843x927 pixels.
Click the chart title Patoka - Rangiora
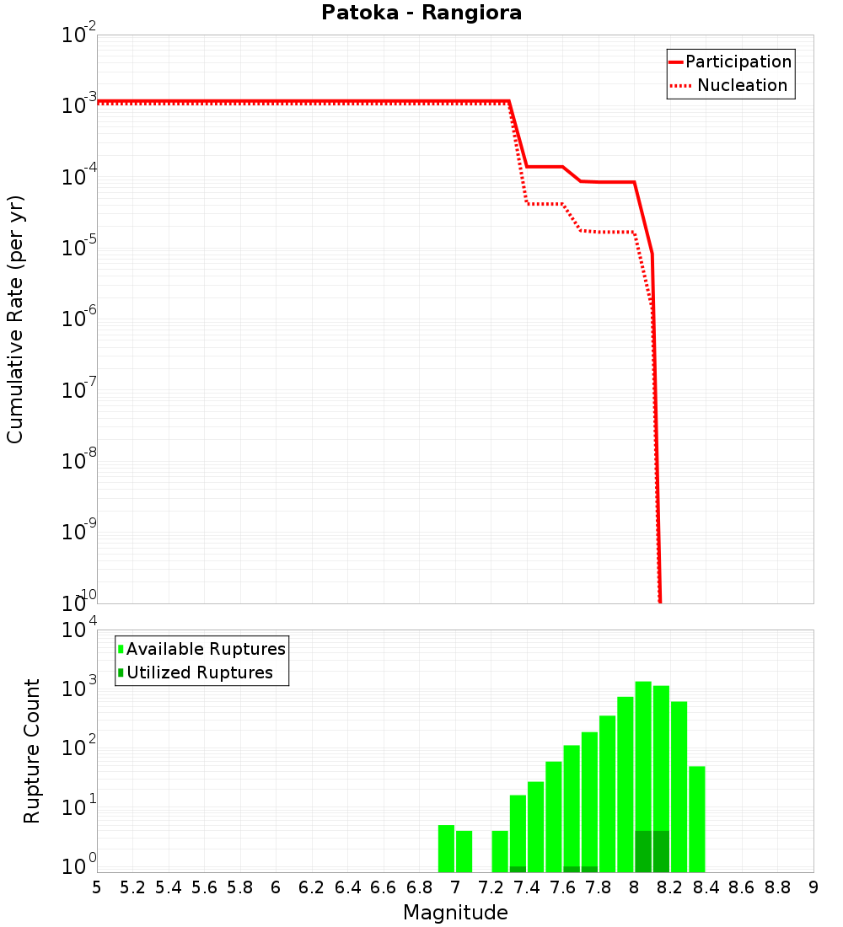click(421, 13)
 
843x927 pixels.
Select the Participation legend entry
click(738, 62)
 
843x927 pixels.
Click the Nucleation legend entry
click(741, 85)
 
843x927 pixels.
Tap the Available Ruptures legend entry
click(206, 649)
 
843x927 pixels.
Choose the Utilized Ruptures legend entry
click(199, 672)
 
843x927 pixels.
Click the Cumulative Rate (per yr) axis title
click(15, 319)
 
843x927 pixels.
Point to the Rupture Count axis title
click(32, 750)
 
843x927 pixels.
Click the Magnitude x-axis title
click(455, 913)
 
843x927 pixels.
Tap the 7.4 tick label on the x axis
click(527, 887)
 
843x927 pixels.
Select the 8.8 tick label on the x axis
click(777, 887)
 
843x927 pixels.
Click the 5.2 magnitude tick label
click(132, 887)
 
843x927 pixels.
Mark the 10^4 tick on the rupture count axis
click(80, 630)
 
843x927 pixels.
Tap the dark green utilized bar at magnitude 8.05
click(643, 851)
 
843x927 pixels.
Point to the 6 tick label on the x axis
click(276, 887)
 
